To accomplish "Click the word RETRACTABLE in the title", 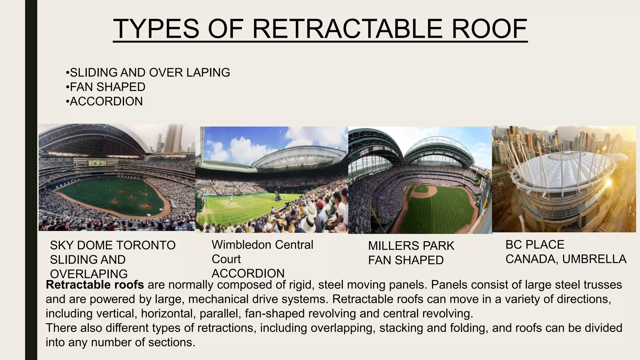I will click(347, 29).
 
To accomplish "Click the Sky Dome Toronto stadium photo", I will click(117, 177).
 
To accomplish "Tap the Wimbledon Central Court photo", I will click(271, 180).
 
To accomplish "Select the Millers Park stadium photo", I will click(420, 180).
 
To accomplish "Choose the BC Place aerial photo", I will click(564, 179).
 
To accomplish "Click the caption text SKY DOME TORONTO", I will click(112, 245).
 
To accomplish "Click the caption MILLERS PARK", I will click(411, 246).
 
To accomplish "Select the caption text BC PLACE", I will click(535, 245).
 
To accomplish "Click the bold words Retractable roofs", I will click(95, 285).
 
